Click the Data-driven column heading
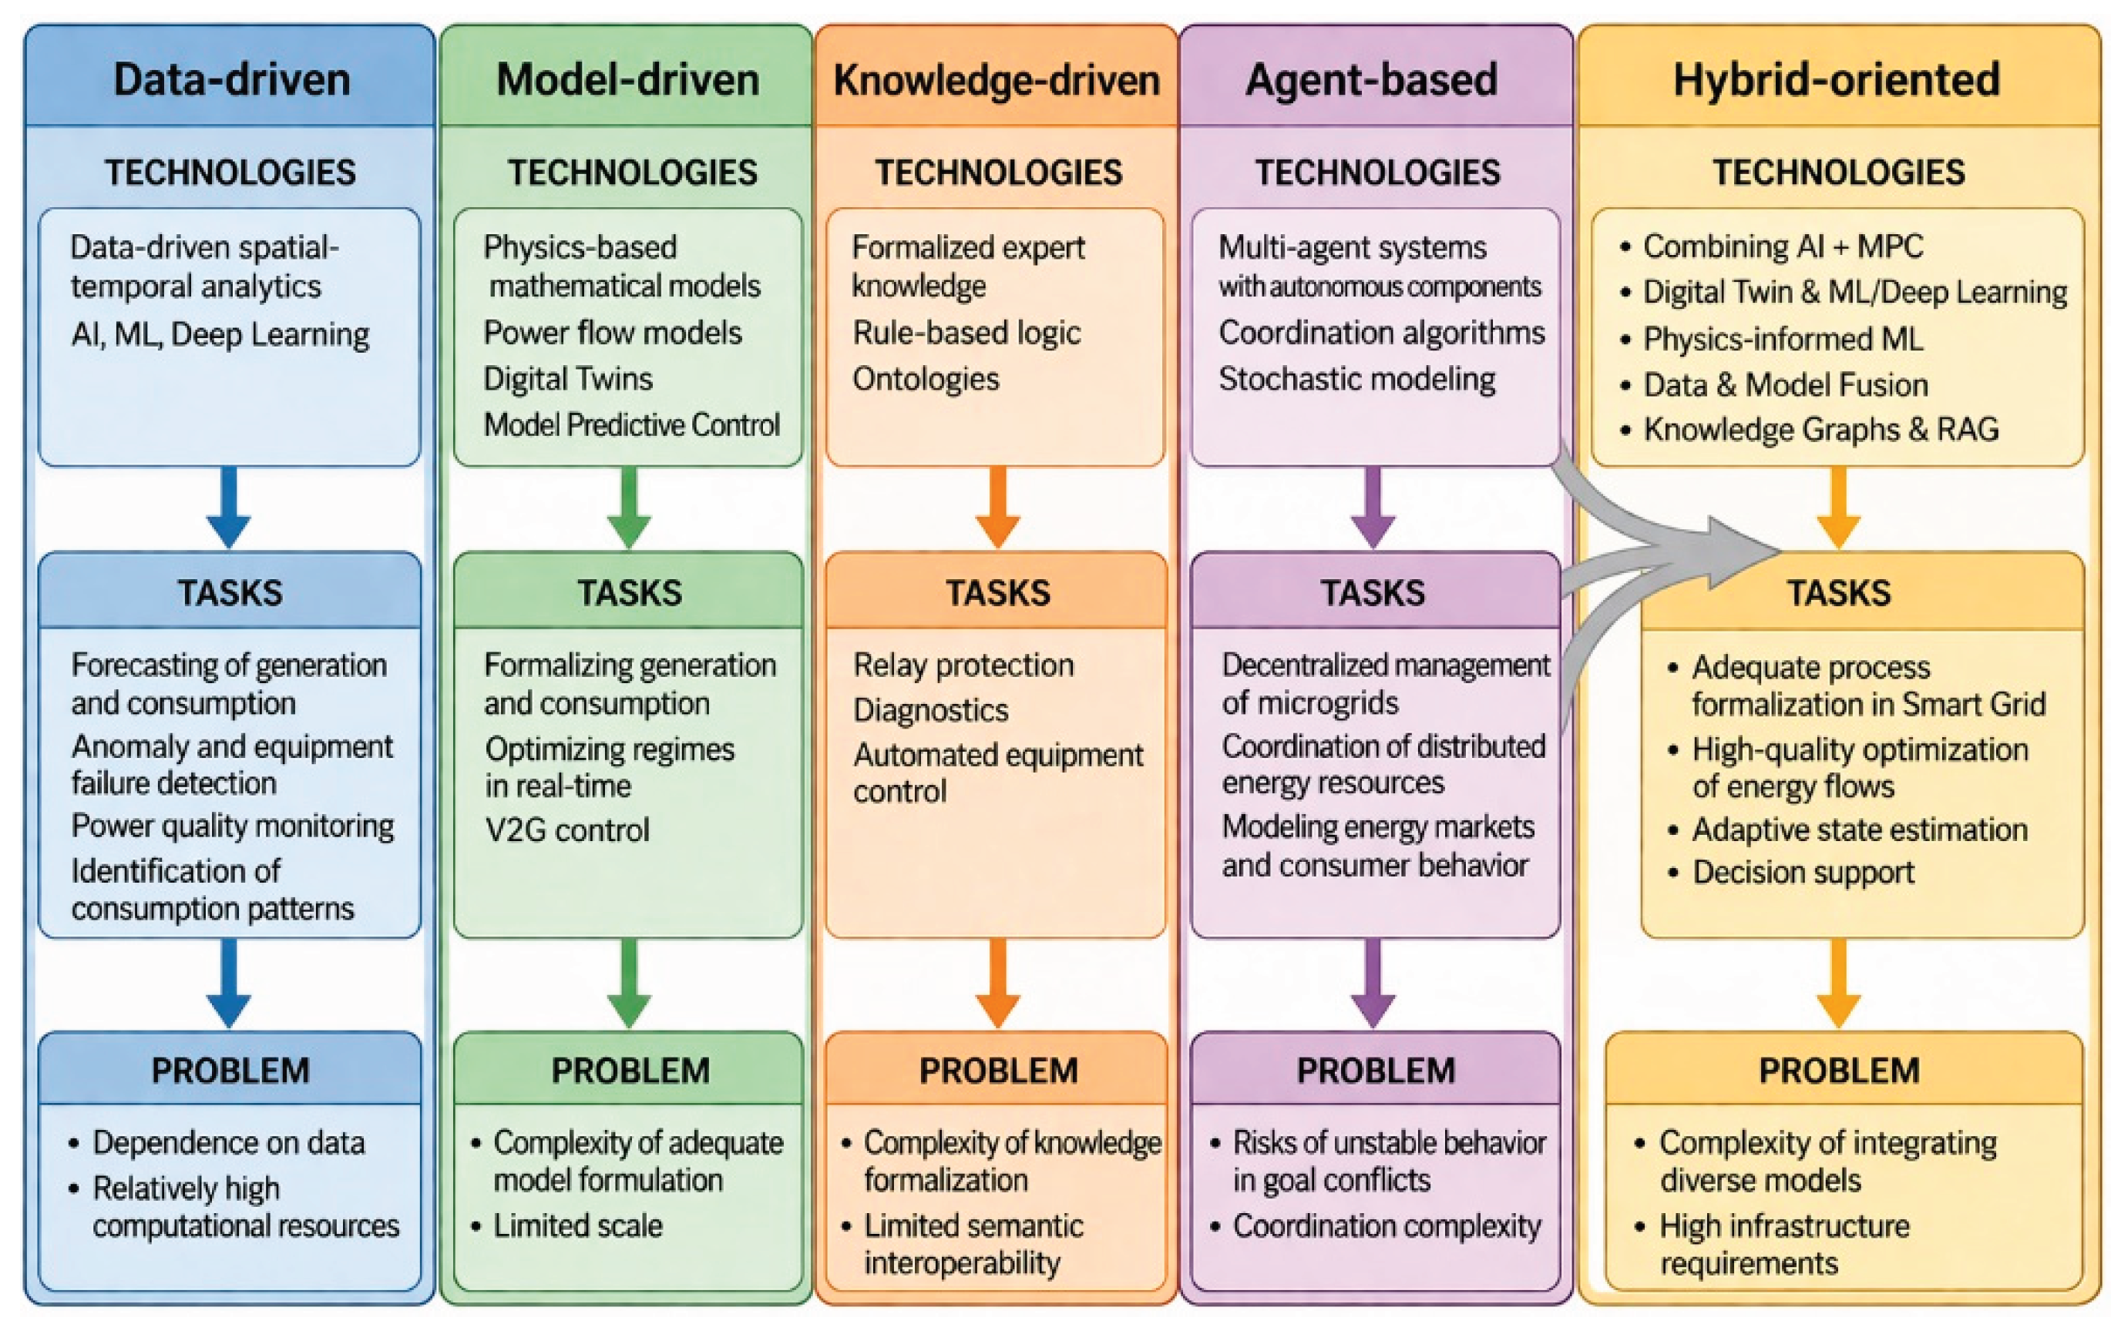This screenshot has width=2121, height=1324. click(x=231, y=79)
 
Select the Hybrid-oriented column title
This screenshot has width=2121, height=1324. click(x=1837, y=79)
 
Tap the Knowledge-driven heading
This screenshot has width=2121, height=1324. click(x=997, y=79)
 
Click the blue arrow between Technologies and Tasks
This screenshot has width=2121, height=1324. click(x=229, y=508)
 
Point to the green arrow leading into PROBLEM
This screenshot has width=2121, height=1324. click(x=629, y=984)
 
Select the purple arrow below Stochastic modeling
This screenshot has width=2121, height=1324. click(x=1373, y=508)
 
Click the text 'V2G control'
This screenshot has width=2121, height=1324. click(x=566, y=830)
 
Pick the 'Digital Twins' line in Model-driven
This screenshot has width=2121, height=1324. click(x=568, y=378)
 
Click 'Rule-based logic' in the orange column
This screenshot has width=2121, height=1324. click(x=966, y=333)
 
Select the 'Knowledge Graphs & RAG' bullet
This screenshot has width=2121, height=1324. click(x=1820, y=429)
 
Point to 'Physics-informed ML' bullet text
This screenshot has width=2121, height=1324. click(x=1783, y=339)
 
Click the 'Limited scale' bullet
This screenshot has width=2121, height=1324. click(x=577, y=1225)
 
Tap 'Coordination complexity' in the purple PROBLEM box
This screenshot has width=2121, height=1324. click(x=1387, y=1226)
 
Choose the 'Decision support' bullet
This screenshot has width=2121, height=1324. click(x=1803, y=872)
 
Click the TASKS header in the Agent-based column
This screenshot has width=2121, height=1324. click(x=1373, y=593)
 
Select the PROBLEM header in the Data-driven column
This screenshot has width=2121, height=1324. click(x=230, y=1070)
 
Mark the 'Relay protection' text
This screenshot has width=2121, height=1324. click(x=963, y=665)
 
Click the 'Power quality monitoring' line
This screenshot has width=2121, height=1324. click(x=233, y=826)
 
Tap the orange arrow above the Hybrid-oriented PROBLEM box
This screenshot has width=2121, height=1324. click(x=1839, y=984)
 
